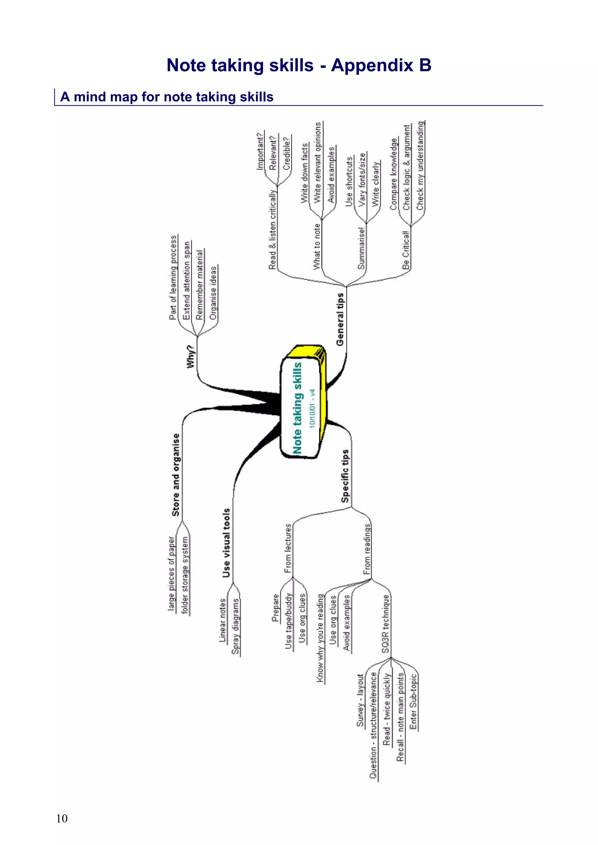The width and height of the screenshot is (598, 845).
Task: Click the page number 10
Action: click(62, 818)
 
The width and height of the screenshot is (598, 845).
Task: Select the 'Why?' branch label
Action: click(190, 356)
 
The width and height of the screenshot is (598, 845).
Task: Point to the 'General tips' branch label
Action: click(340, 319)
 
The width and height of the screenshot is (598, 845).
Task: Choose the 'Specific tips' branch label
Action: click(345, 476)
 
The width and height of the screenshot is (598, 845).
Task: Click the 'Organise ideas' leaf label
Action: click(213, 293)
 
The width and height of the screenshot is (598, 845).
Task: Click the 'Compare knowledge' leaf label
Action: click(394, 174)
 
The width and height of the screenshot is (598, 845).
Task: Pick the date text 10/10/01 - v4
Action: click(312, 408)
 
